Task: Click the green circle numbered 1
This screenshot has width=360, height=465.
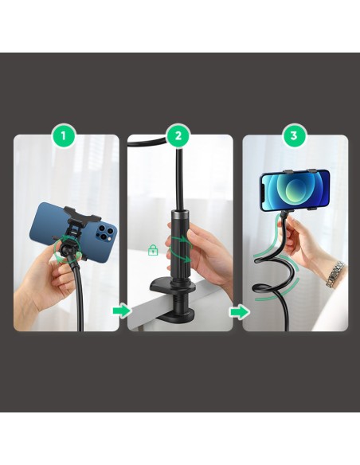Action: [x=63, y=136]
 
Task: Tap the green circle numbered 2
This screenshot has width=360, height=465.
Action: [x=178, y=136]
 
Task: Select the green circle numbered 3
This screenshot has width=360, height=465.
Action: [x=294, y=136]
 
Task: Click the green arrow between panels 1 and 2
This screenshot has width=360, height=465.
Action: [x=122, y=311]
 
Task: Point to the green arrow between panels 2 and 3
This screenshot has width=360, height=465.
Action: [x=239, y=312]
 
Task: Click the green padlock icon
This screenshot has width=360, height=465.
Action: [x=153, y=250]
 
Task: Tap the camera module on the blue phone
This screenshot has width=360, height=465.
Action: [x=106, y=233]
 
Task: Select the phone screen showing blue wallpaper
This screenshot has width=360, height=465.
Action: [x=295, y=190]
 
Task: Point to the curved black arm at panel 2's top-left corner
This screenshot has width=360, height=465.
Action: [x=147, y=142]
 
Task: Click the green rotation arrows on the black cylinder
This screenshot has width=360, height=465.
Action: [x=180, y=248]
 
